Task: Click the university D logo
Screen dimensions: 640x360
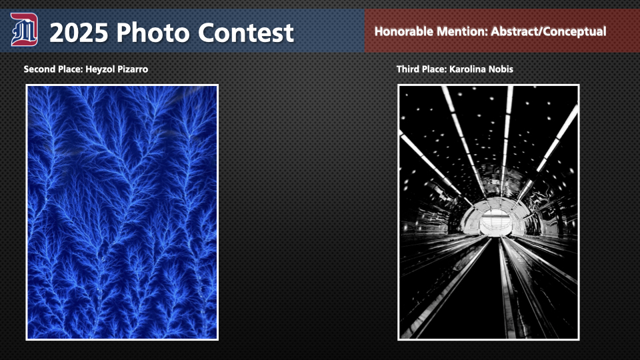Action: click(x=24, y=29)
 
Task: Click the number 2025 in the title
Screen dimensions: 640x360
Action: click(x=79, y=33)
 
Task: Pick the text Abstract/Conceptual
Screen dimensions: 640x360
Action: click(x=549, y=32)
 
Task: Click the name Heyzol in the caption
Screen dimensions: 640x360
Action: click(x=100, y=69)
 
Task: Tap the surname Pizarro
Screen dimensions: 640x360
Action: click(x=133, y=69)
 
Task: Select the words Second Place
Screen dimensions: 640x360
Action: click(x=52, y=69)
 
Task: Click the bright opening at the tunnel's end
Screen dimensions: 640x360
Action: click(x=495, y=222)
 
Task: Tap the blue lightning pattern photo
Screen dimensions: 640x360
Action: click(x=122, y=212)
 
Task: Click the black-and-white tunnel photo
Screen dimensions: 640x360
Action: click(x=489, y=212)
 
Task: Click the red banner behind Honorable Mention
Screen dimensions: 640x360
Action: click(x=502, y=31)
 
